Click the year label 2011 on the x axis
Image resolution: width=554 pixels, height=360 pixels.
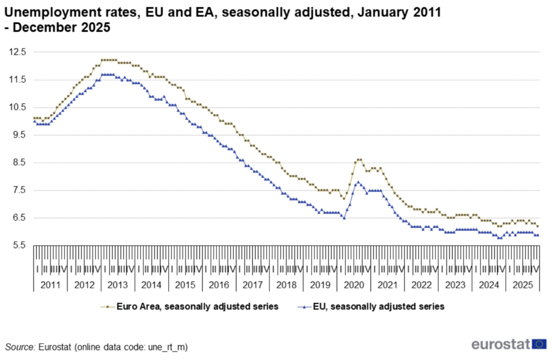pyautogui.click(x=50, y=285)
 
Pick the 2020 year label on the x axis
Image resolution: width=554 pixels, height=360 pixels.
pyautogui.click(x=353, y=285)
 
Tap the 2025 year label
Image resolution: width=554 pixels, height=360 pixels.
pyautogui.click(x=522, y=285)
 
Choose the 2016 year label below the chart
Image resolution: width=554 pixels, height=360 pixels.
pyautogui.click(x=219, y=285)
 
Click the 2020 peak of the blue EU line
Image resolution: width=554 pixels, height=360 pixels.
pyautogui.click(x=358, y=182)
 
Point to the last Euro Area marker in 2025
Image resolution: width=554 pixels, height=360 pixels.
pyautogui.click(x=538, y=226)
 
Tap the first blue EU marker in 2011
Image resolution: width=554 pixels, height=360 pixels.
pyautogui.click(x=35, y=121)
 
